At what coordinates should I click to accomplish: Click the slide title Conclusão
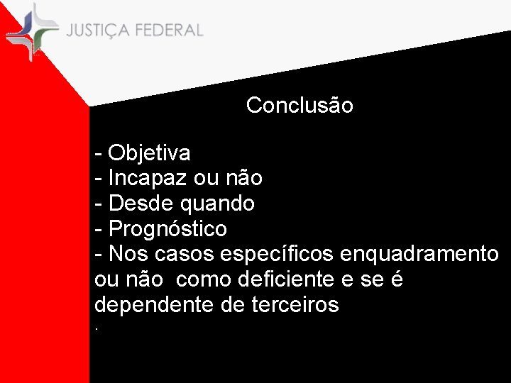300,106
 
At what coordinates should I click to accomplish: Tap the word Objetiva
149,152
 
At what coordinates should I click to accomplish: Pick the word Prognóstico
167,229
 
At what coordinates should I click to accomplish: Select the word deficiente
277,280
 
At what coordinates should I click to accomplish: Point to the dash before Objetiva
99,153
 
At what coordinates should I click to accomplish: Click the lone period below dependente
97,329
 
